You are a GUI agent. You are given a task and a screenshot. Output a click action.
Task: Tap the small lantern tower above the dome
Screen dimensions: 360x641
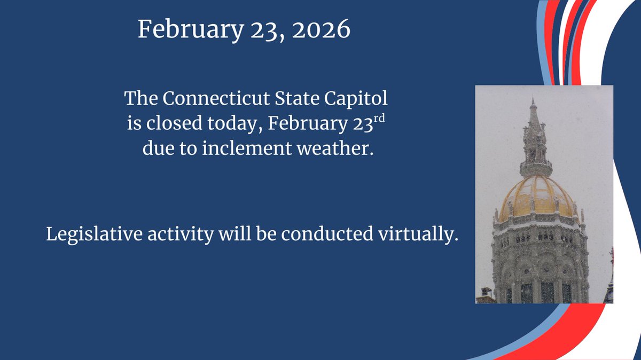535,147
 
